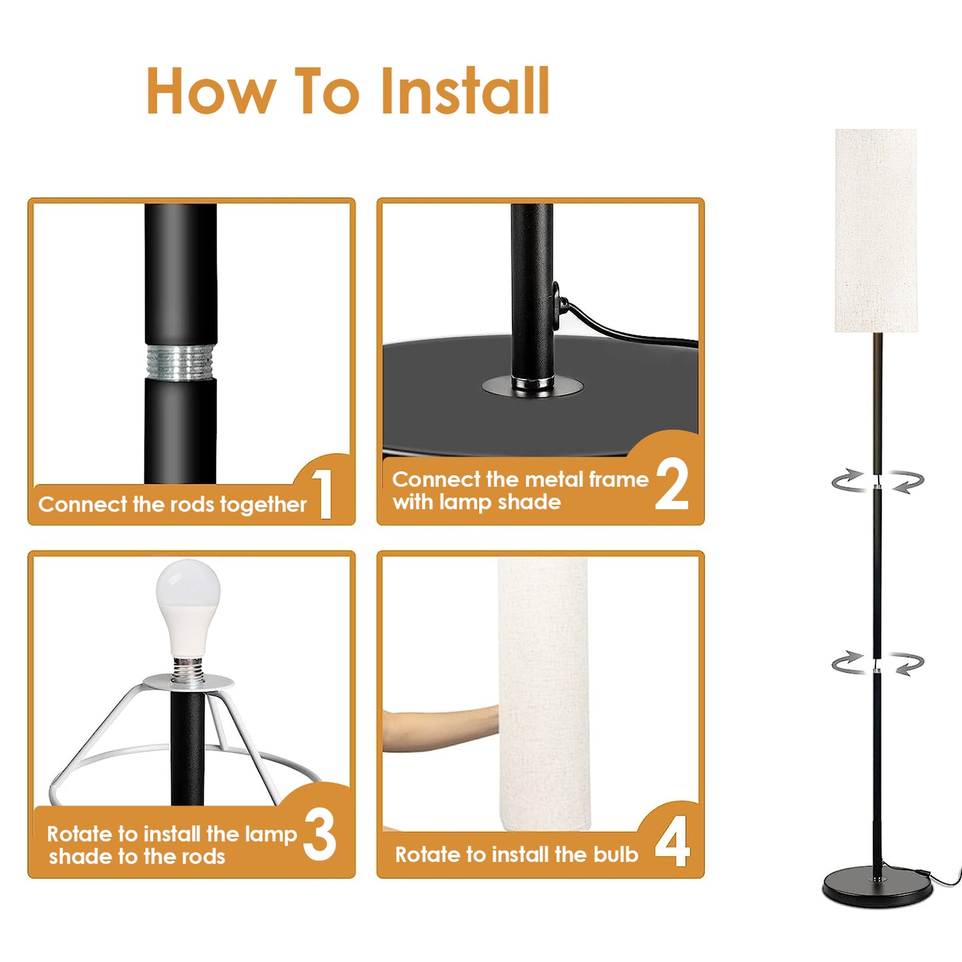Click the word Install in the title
[465, 92]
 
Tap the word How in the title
[210, 92]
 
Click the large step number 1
[324, 493]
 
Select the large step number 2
[672, 486]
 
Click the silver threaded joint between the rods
[180, 363]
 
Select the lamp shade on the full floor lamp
[875, 230]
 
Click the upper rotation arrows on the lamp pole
[877, 481]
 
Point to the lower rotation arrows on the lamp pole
[877, 663]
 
